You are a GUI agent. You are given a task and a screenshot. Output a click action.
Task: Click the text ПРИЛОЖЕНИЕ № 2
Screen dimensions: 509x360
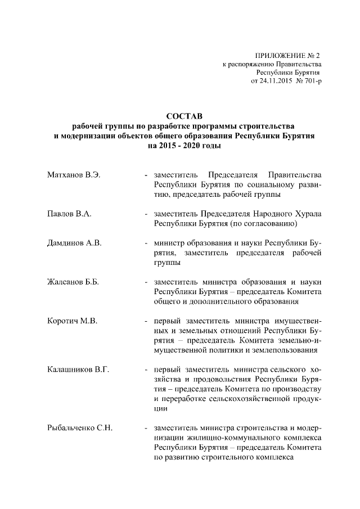[287, 56]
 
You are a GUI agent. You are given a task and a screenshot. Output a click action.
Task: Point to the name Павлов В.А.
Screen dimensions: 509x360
[68, 214]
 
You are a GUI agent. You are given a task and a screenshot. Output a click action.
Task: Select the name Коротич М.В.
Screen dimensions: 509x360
[71, 321]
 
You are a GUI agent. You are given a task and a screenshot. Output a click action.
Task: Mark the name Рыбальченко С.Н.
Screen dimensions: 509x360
[80, 428]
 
